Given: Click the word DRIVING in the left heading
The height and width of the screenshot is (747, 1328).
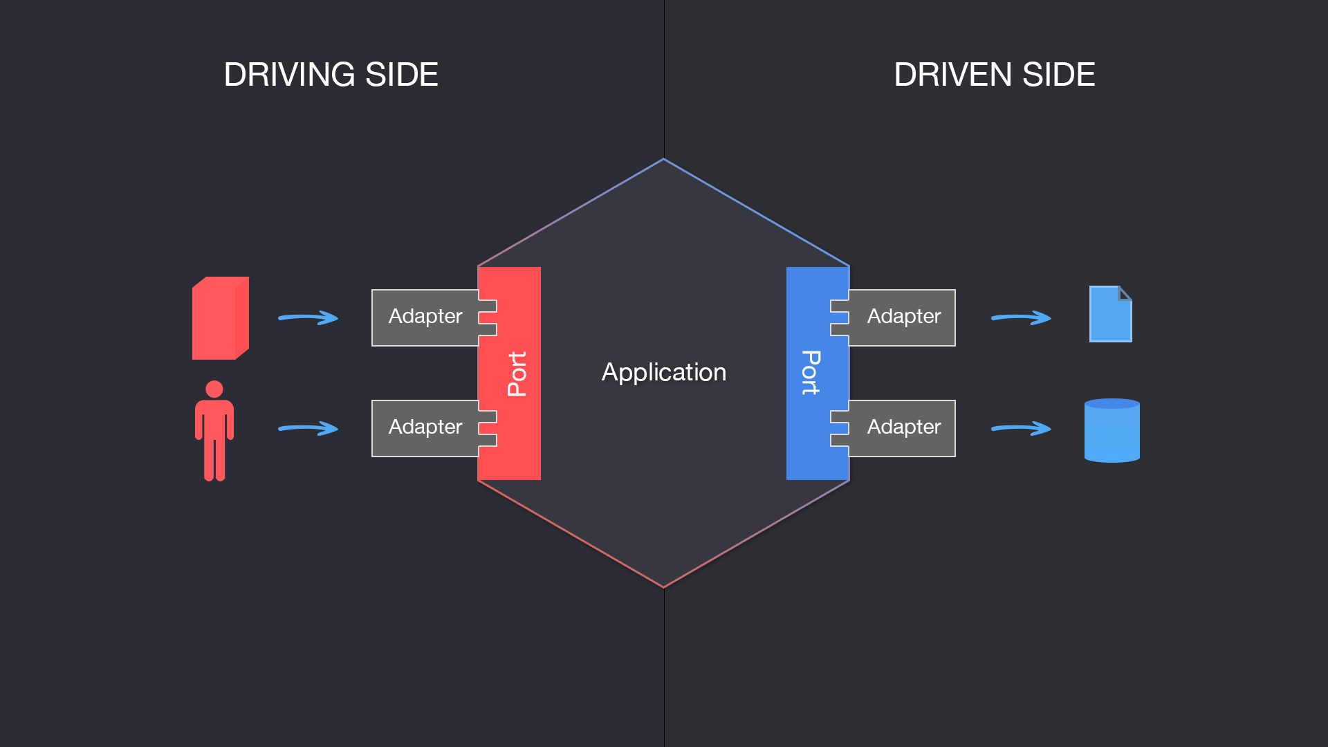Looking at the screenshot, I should click(x=289, y=75).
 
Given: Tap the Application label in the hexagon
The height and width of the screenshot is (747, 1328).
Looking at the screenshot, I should click(x=663, y=372).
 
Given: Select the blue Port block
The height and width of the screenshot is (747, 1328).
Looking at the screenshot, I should click(x=811, y=373).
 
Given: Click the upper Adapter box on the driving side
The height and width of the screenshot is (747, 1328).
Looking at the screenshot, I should click(x=425, y=317).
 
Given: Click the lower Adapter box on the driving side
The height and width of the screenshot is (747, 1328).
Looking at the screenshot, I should click(x=425, y=427).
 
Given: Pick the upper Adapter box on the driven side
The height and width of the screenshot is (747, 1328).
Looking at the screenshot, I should click(x=903, y=317).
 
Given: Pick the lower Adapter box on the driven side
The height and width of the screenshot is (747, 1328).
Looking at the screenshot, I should click(x=903, y=427).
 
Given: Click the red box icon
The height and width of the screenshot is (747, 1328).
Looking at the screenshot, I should click(x=220, y=318).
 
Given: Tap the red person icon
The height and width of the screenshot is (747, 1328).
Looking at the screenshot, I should click(x=214, y=432).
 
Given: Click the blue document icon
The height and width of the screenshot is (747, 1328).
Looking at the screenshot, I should click(x=1110, y=315).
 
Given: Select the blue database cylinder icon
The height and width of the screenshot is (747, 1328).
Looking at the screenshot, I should click(x=1112, y=430).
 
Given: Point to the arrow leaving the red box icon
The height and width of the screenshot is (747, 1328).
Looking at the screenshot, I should click(x=308, y=317).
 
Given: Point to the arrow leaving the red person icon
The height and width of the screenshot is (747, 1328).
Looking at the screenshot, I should click(x=308, y=428).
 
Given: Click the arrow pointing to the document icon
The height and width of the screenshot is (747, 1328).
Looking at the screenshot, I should click(x=1021, y=317).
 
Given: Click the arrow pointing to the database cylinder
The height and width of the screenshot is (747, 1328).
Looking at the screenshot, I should click(x=1021, y=428).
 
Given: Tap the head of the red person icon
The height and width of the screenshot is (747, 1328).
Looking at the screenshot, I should click(x=214, y=389).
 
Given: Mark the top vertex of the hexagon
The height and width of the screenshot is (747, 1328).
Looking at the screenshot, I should click(x=663, y=160).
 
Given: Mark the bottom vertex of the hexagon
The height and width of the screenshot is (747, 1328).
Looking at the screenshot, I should click(x=663, y=587).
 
